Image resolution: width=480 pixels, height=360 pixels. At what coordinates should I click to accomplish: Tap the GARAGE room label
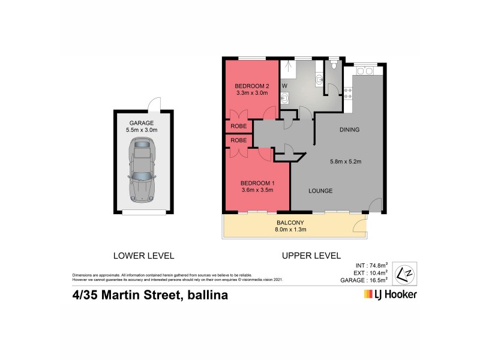tap(141, 122)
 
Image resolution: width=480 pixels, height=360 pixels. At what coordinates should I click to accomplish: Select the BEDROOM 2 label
tap(252, 86)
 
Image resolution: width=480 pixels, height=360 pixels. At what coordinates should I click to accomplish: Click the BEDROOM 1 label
tap(257, 183)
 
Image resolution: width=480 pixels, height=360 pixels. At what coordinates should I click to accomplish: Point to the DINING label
tap(349, 130)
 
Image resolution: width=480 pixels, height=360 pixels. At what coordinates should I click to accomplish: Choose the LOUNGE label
tap(321, 191)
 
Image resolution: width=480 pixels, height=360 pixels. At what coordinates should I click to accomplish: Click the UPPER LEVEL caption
tap(311, 256)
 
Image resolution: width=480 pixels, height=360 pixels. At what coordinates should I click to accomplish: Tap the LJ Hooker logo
tap(390, 295)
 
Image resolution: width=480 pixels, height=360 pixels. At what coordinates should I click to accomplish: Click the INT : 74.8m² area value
tap(371, 265)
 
